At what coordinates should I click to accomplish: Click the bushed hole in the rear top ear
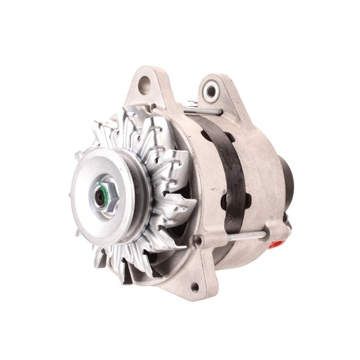pyautogui.click(x=210, y=91)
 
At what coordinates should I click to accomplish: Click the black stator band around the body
pyautogui.click(x=232, y=166)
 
